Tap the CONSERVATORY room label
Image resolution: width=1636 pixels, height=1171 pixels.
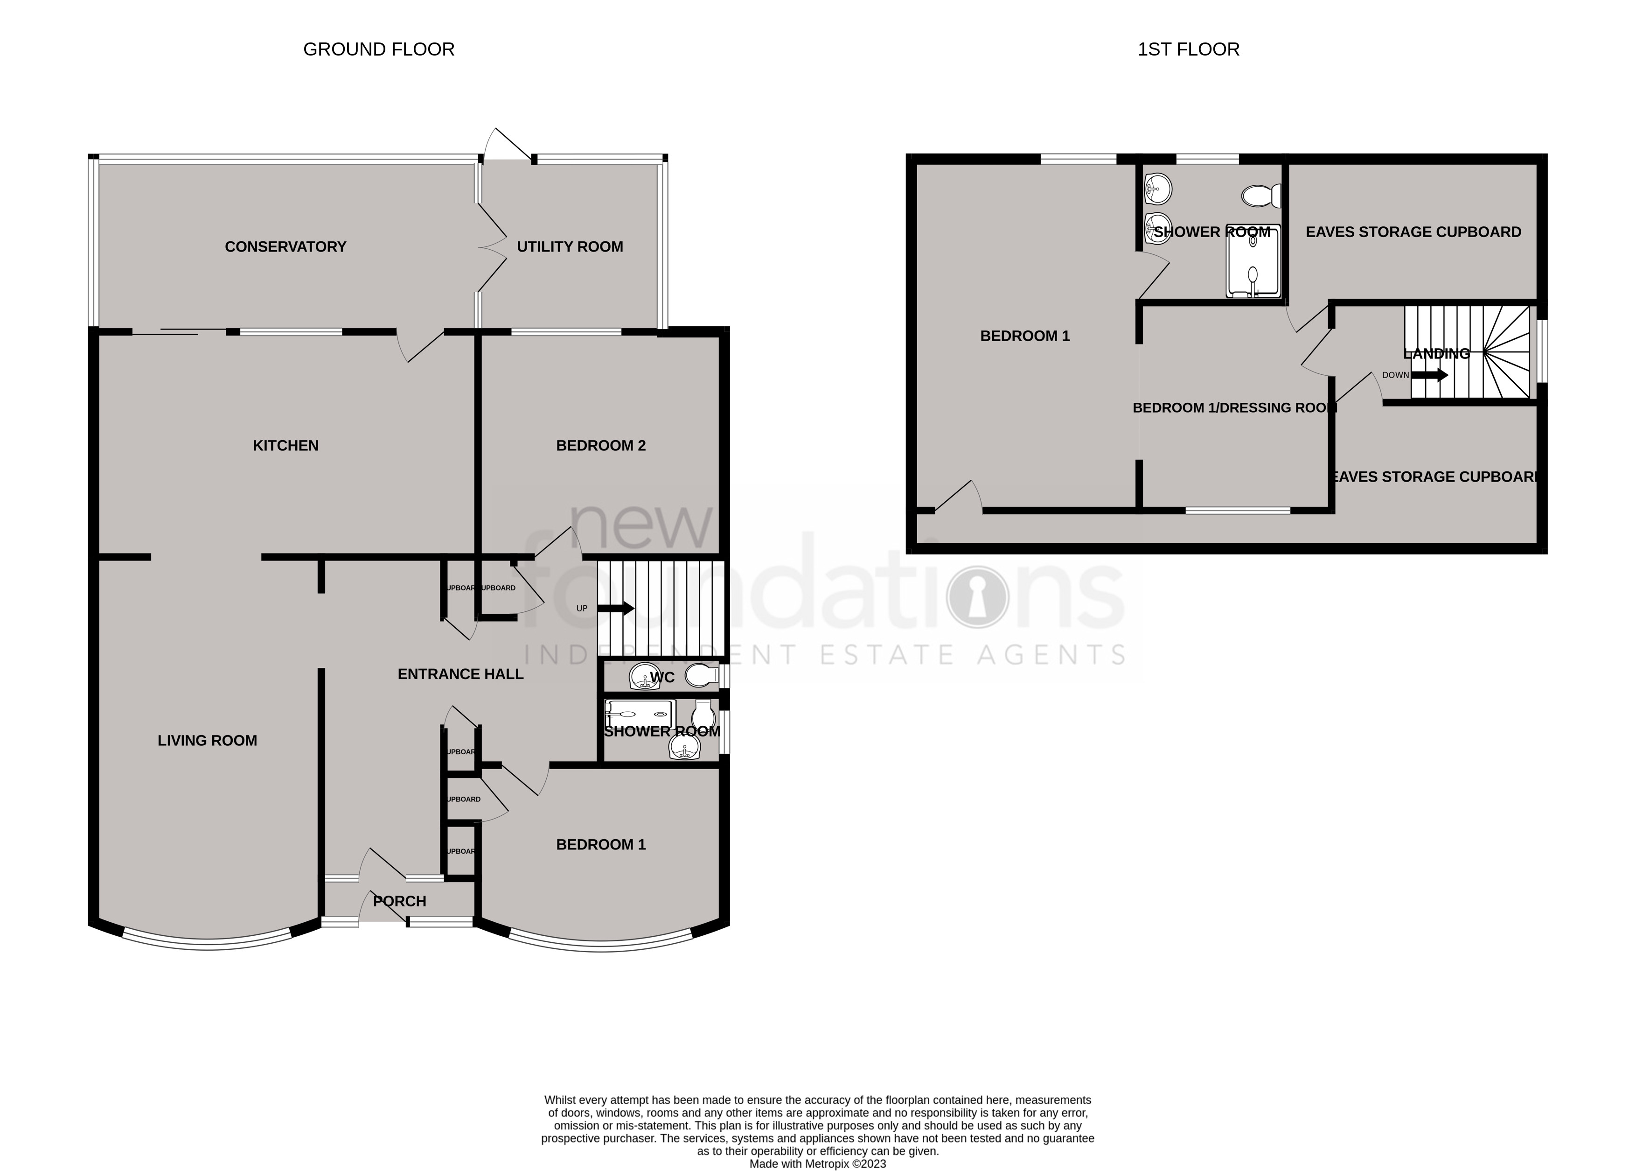coord(285,246)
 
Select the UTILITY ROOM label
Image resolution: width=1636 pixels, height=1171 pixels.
coord(569,246)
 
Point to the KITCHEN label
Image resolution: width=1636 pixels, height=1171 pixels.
coord(285,446)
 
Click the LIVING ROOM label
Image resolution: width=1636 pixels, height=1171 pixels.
coord(207,741)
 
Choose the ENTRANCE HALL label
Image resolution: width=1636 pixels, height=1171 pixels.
coord(460,674)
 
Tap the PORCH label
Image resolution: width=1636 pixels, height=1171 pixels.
coord(399,901)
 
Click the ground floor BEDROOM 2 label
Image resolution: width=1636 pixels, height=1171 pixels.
coord(600,446)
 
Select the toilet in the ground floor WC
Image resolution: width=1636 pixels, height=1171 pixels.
coord(701,676)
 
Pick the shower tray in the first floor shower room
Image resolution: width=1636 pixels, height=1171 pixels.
coord(1254,261)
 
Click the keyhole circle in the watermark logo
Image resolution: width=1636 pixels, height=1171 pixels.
coord(977,597)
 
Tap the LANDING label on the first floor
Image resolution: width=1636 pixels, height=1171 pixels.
coord(1436,353)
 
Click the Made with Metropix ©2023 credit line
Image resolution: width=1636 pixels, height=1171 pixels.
coord(817,1164)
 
